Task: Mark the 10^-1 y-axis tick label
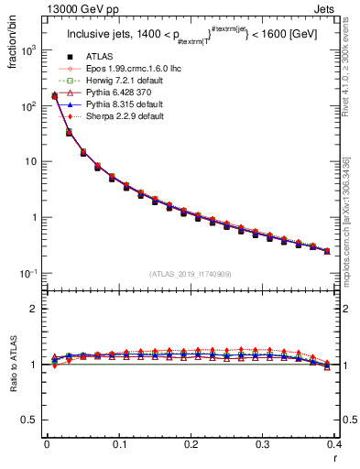(26, 274)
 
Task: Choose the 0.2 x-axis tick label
(191, 444)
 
